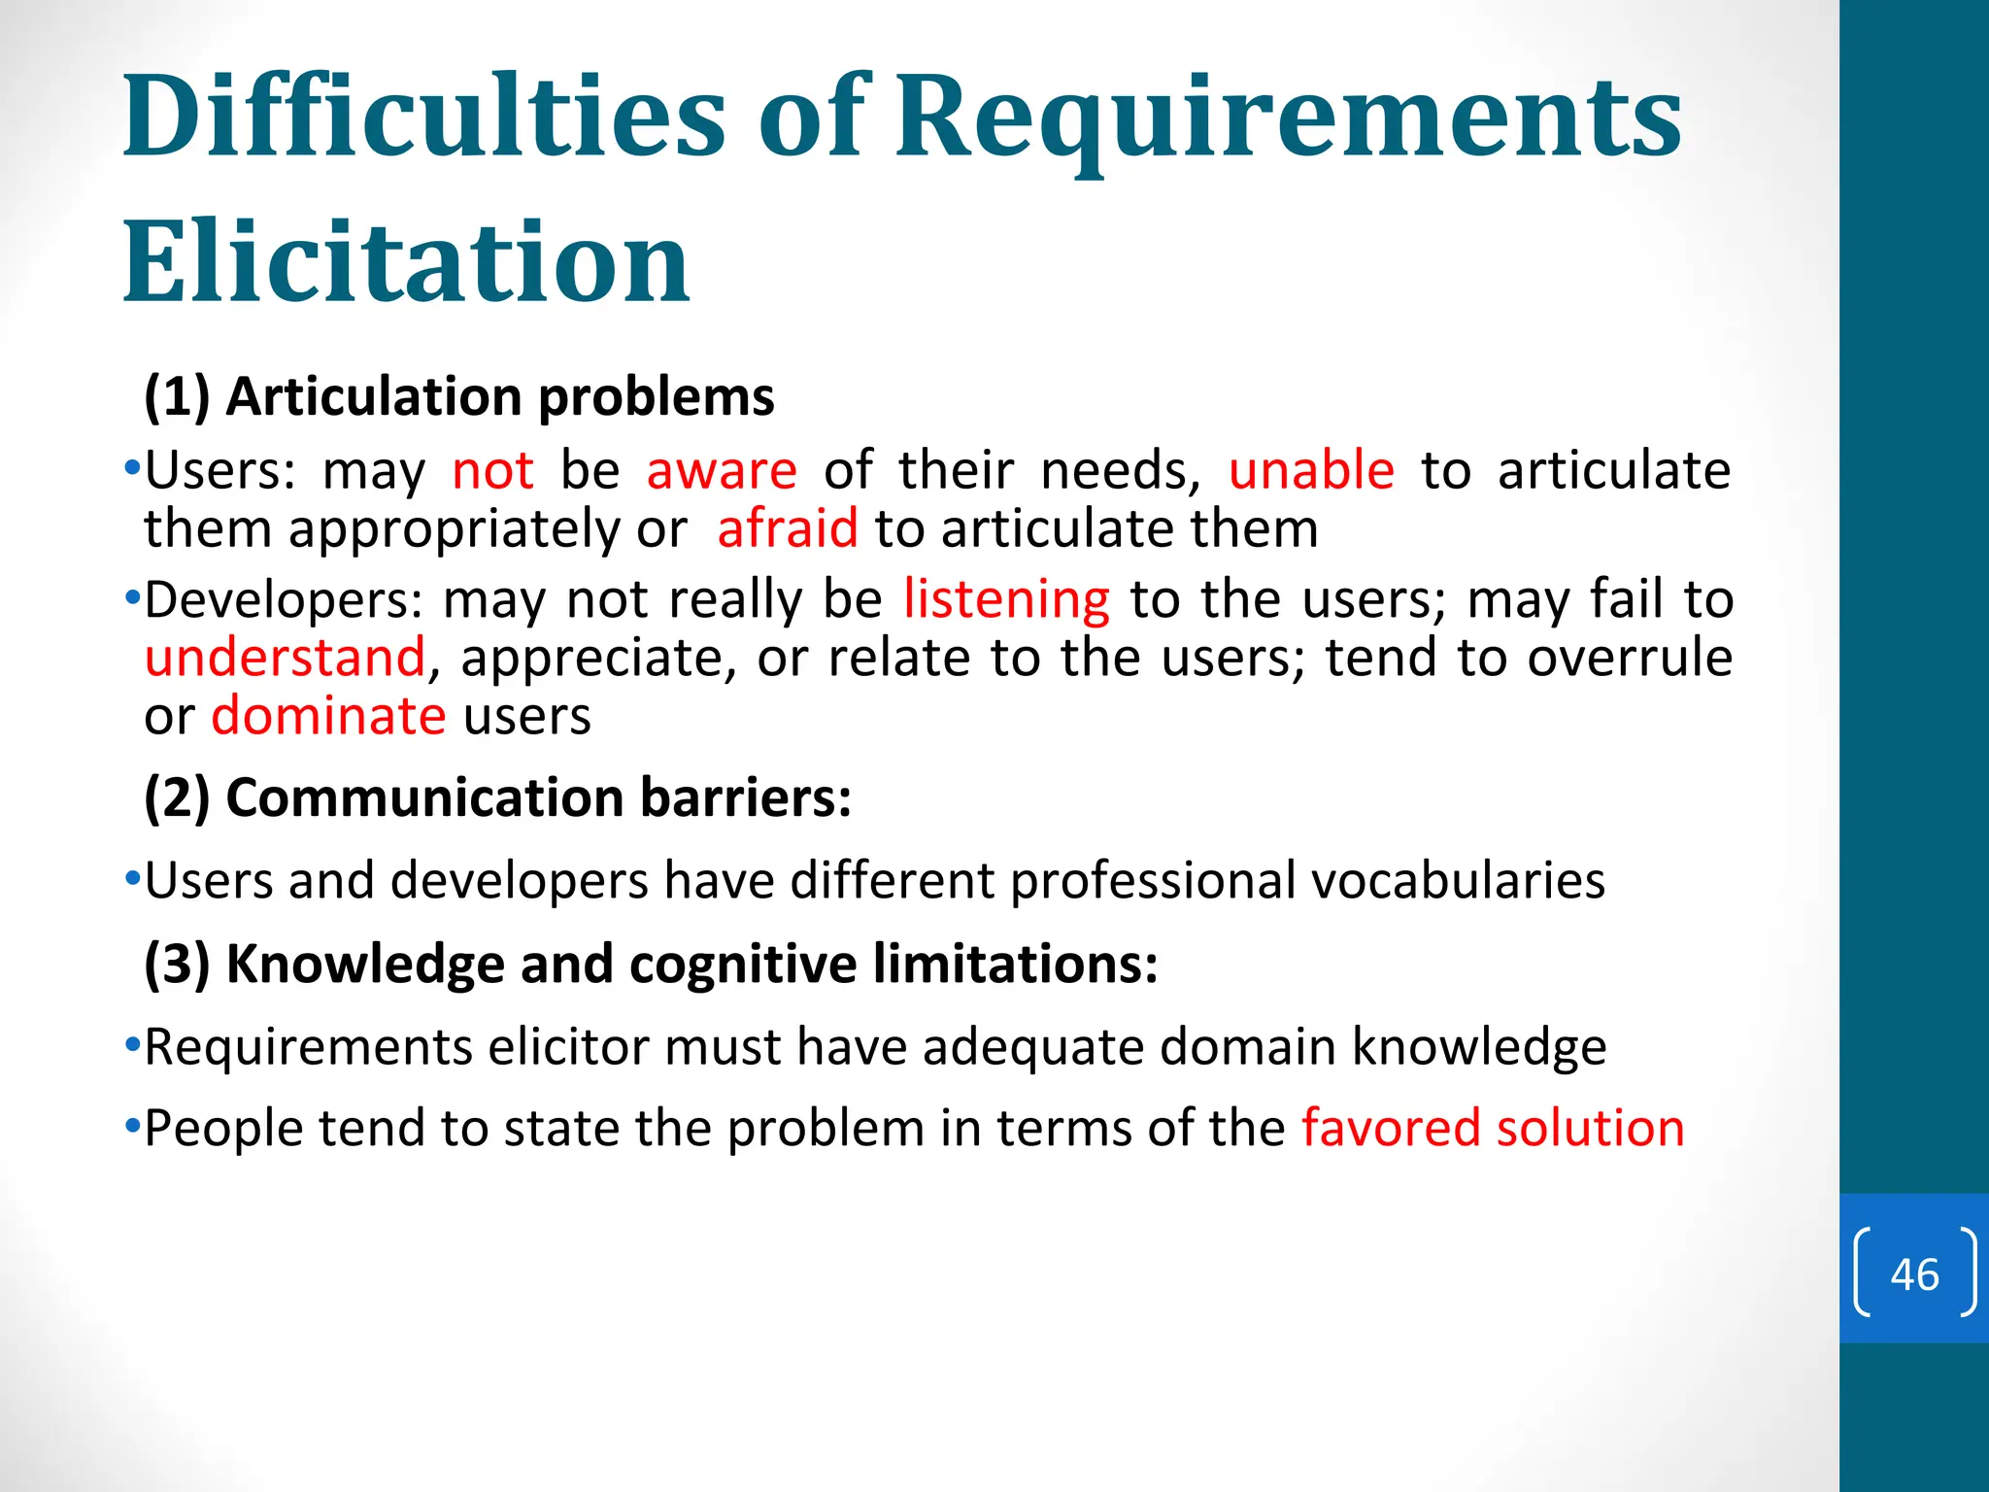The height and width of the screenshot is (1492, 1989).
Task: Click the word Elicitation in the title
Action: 406,262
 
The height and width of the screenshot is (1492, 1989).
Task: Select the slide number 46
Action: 1914,1274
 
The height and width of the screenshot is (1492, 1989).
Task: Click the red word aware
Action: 722,471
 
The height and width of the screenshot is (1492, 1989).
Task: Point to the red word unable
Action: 1311,471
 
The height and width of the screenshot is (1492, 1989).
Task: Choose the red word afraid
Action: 788,529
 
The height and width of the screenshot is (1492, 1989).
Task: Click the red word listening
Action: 1006,599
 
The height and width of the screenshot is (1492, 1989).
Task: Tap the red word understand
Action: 285,658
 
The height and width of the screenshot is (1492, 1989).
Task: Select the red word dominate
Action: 328,717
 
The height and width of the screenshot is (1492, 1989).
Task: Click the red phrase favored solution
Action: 1493,1129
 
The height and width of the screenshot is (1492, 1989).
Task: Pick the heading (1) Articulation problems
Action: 458,396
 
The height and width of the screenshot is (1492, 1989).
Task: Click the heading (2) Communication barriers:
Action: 497,797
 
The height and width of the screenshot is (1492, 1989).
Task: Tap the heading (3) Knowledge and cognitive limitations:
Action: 651,964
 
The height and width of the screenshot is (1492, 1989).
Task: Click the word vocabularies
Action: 1458,881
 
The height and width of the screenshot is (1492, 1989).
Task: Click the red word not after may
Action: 492,471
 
